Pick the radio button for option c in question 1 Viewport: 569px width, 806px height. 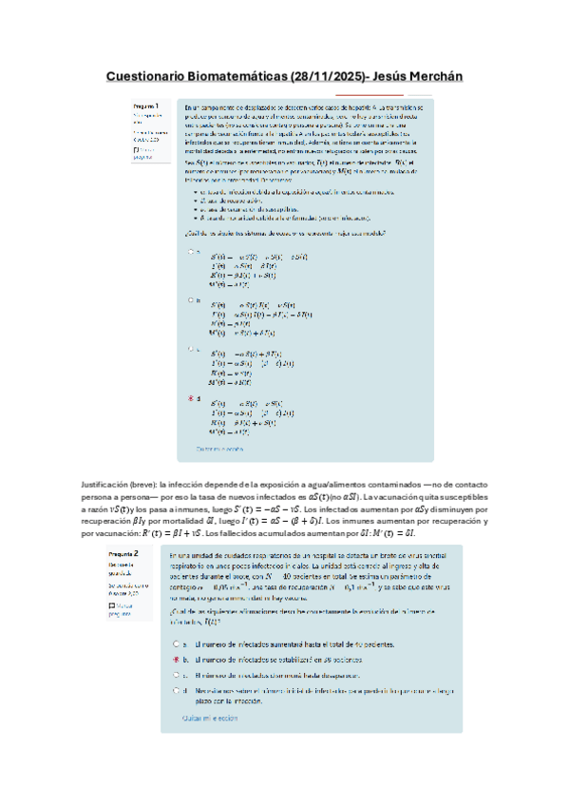click(x=190, y=349)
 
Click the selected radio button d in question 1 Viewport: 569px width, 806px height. click(x=190, y=398)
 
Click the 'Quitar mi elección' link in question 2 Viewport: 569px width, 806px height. click(x=211, y=719)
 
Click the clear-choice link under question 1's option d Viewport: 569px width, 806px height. click(x=219, y=448)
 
